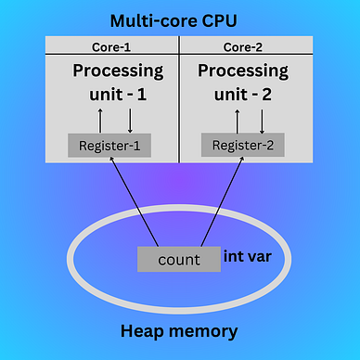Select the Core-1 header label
click(109, 45)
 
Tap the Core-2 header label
click(243, 45)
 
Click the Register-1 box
click(110, 146)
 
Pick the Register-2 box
click(243, 145)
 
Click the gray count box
click(178, 259)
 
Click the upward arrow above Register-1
click(99, 119)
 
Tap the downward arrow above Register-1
click(129, 119)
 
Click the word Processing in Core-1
click(119, 71)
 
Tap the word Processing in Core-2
click(245, 71)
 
